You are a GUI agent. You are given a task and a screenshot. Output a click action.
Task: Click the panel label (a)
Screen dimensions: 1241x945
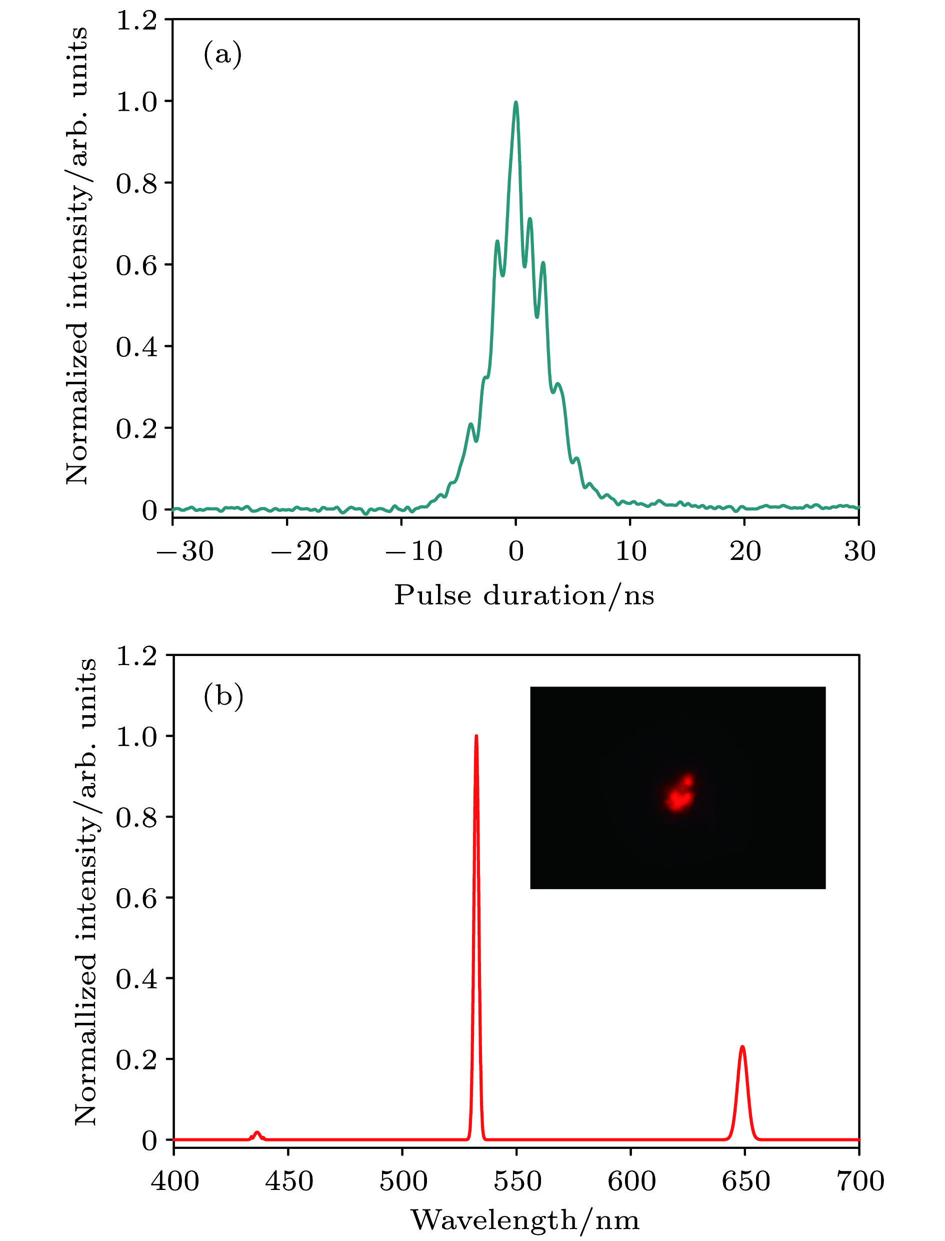[223, 55]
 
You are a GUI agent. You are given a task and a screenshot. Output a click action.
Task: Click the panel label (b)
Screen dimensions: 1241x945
[223, 696]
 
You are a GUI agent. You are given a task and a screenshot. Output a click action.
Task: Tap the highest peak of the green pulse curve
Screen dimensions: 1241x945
[516, 104]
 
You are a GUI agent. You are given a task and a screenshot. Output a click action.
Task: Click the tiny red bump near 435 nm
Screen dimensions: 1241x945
[257, 1133]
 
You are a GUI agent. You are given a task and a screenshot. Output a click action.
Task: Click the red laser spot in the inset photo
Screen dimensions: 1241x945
[680, 794]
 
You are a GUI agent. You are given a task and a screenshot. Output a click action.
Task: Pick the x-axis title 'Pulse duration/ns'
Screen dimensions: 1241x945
[523, 595]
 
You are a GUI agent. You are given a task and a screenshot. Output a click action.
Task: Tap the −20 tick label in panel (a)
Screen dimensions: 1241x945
[299, 551]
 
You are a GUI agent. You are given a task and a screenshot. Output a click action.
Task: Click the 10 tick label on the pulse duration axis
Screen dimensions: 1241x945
[631, 551]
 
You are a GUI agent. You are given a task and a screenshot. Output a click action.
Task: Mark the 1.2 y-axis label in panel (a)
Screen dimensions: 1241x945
[136, 20]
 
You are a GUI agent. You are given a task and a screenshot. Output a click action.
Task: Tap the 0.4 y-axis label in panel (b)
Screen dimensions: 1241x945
[136, 980]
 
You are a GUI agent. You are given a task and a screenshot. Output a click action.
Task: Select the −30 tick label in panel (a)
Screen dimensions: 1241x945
[185, 551]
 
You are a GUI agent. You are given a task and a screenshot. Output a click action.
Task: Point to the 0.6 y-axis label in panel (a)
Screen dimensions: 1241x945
[136, 265]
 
